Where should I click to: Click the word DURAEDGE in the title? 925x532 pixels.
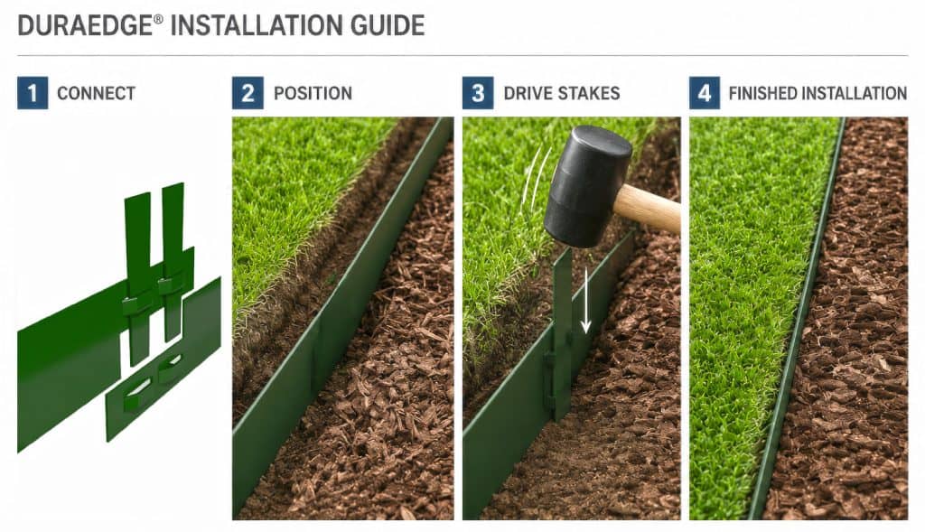(x=85, y=26)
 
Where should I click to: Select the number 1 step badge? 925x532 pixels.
(x=33, y=93)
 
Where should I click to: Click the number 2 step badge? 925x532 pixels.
(x=248, y=93)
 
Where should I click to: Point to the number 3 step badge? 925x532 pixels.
(x=478, y=93)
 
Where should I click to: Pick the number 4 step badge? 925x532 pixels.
(x=705, y=93)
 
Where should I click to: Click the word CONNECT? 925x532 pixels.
(x=96, y=93)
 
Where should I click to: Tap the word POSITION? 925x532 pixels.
(x=313, y=93)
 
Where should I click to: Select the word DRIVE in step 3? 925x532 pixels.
(x=525, y=93)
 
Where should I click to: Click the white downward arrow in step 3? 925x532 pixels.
(x=585, y=301)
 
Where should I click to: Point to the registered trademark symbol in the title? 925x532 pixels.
(x=158, y=20)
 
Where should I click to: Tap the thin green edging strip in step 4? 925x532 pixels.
(x=797, y=319)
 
